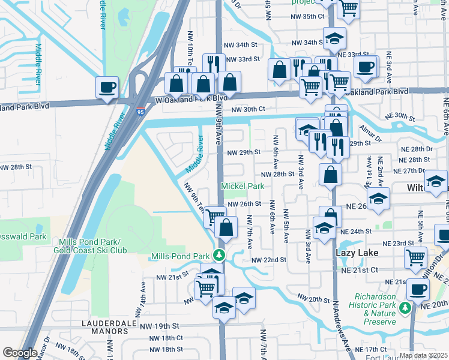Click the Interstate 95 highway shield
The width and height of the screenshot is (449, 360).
(x=140, y=111)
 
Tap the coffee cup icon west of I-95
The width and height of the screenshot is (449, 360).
(x=107, y=87)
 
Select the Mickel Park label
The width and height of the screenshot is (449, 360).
(x=243, y=186)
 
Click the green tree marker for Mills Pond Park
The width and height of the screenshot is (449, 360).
(x=220, y=256)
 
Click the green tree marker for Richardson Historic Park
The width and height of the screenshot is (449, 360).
(x=405, y=308)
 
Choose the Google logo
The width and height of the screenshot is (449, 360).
(x=20, y=353)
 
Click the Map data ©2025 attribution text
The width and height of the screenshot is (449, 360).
(x=422, y=355)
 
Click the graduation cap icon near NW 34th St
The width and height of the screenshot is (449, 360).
(x=334, y=38)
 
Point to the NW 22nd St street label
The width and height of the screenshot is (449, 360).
(x=268, y=260)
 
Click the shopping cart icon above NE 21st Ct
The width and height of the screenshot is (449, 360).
(x=415, y=257)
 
